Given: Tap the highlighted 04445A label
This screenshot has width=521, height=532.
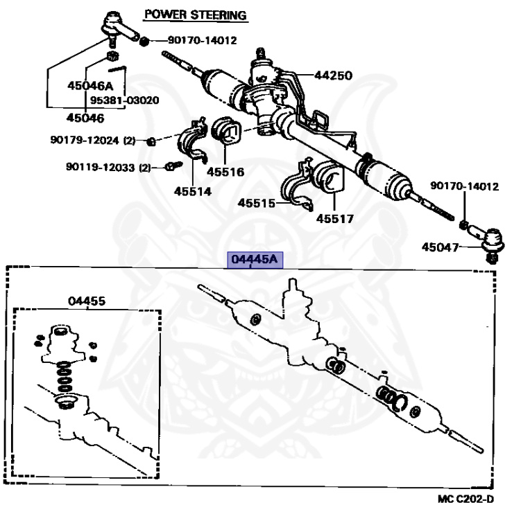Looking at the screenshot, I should (254, 260).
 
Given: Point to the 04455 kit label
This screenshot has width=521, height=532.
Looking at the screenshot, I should (87, 301).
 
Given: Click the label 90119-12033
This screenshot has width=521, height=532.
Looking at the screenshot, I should (101, 167).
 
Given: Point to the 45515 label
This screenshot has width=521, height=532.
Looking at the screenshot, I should (257, 203).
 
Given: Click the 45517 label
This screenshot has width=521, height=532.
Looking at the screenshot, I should (335, 219).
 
